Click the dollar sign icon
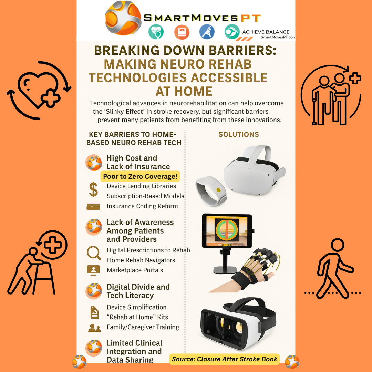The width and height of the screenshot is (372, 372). (93, 189)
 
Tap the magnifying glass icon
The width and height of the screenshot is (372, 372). (94, 253)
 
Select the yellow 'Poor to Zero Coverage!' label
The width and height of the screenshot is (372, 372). (140, 176)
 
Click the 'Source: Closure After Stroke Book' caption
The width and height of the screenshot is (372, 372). (225, 359)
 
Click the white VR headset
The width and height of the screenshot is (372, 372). (254, 170)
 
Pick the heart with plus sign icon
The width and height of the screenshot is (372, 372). (39, 90)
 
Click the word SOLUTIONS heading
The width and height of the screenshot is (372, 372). (239, 134)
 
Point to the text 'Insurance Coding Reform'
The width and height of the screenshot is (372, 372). (142, 206)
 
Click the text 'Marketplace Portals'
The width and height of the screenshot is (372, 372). (135, 270)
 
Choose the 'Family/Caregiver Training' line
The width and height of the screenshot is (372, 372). (143, 327)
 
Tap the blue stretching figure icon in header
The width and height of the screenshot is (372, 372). (207, 32)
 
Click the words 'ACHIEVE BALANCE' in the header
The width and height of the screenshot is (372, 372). (266, 32)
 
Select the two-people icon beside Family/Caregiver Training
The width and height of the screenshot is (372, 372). (94, 328)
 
